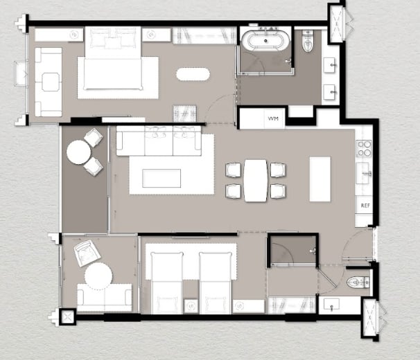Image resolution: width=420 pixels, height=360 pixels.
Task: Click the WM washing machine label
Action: [x=273, y=118]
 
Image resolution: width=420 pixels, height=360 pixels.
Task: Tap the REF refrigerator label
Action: [x=365, y=206]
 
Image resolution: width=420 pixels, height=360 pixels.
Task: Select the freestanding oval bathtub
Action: [x=265, y=41]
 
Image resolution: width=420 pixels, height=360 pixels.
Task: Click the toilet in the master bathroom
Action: [x=308, y=42]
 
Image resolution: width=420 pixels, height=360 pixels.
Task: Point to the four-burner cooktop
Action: [x=363, y=149]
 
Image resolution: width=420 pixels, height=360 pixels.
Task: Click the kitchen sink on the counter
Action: [x=364, y=173]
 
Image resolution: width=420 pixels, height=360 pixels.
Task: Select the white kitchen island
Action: [x=320, y=179]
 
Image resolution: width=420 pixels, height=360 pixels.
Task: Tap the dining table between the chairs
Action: [x=256, y=181]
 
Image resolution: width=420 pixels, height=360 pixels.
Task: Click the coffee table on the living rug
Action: [x=161, y=178]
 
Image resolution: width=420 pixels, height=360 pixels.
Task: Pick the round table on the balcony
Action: [x=79, y=152]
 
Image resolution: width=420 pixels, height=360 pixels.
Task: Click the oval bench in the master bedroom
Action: [x=193, y=74]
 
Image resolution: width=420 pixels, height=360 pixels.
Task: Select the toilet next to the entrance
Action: [x=358, y=282]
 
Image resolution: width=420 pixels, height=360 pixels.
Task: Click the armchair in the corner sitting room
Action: [x=87, y=253]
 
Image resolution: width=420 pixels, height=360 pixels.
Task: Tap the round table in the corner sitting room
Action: [x=98, y=276]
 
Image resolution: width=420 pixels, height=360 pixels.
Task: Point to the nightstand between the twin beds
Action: [x=191, y=306]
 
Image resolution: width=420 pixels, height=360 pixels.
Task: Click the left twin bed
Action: [x=167, y=282]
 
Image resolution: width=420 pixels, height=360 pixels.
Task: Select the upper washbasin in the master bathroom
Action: [x=329, y=65]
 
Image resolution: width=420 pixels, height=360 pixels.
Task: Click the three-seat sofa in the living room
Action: [x=159, y=141]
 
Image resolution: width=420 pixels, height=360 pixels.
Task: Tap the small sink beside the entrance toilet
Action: [x=331, y=305]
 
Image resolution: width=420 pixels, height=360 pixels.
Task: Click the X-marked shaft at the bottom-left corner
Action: [x=67, y=317]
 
